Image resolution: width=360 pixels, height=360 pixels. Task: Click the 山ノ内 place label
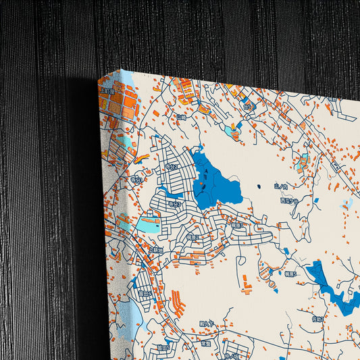[281, 186]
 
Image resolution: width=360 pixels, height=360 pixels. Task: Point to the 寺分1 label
[136, 179]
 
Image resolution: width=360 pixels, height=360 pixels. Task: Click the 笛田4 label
[145, 294]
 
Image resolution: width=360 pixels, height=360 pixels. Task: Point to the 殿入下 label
[206, 324]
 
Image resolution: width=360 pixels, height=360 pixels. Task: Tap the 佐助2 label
[318, 319]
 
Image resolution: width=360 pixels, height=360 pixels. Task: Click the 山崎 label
[181, 117]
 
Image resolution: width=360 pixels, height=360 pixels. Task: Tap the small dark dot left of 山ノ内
[259, 186]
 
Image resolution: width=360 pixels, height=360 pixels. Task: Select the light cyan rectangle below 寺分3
[149, 225]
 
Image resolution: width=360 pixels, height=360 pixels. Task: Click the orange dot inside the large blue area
[202, 183]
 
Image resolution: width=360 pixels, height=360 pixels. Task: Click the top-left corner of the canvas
[122, 70]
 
